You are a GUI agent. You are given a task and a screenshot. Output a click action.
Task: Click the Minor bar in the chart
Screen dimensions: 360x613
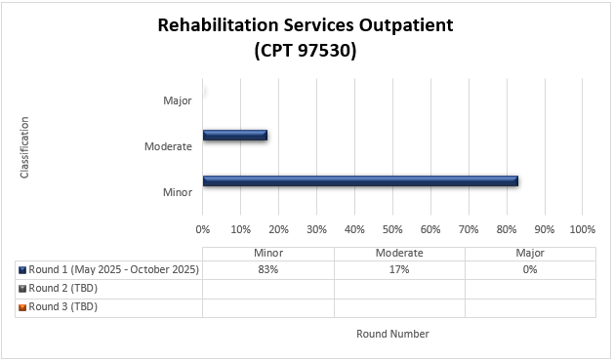pos(359,180)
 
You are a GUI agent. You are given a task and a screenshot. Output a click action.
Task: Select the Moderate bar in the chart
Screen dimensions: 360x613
pos(234,136)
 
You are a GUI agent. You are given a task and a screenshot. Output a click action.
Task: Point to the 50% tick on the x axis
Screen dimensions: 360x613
pos(392,229)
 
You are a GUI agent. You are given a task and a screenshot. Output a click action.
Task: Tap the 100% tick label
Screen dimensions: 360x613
pos(582,229)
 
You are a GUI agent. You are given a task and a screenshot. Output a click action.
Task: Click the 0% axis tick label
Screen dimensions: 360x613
pos(203,229)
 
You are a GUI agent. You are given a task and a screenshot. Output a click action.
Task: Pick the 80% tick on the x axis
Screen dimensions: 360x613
pos(507,229)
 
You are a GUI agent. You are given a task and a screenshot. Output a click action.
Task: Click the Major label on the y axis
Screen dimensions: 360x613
pos(177,100)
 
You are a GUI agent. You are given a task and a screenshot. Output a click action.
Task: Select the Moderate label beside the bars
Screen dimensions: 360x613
pos(167,146)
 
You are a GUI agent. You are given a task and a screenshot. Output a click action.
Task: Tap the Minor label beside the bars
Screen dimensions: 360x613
pos(177,192)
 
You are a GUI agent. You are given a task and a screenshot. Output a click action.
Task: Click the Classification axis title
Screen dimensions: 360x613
pos(24,147)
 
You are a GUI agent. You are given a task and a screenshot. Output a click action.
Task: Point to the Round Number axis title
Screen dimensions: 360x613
pos(392,334)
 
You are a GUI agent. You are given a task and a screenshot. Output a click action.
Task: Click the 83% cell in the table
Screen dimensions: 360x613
pos(268,269)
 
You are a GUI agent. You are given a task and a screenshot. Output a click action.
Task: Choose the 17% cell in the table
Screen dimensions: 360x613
pos(399,269)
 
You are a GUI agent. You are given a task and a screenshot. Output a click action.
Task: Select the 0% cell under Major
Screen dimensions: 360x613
pos(530,269)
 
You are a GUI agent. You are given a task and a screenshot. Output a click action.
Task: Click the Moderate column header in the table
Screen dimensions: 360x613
pos(399,253)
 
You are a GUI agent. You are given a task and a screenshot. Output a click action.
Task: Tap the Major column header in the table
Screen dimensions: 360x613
pos(530,253)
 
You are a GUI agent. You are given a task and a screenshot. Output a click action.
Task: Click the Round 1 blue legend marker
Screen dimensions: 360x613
pos(22,270)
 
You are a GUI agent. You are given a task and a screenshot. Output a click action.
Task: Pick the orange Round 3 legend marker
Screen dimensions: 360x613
pos(22,307)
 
